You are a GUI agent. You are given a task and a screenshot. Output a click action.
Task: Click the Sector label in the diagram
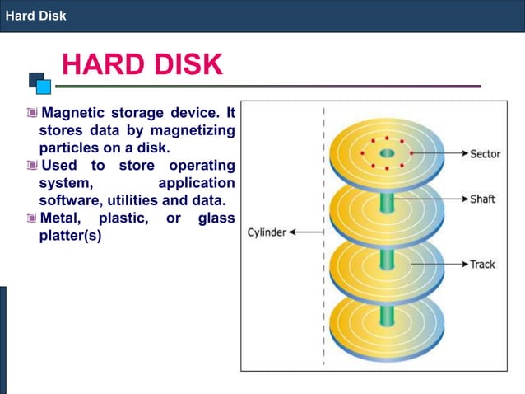coord(486,154)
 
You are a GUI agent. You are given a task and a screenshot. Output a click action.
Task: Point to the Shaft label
coord(482,199)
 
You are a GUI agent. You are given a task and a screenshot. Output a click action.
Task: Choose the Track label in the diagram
coord(482,265)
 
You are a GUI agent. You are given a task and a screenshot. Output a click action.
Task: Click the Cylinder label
coord(267,232)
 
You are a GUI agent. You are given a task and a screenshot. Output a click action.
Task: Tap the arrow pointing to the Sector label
coord(439,154)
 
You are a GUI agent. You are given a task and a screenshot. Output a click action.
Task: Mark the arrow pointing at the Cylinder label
coord(306,232)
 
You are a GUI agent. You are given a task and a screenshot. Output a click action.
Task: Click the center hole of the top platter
coord(387,153)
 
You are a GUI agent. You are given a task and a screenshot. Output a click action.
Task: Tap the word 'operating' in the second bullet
coord(202,166)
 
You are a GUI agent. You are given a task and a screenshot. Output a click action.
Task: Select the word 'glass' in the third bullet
coord(216,218)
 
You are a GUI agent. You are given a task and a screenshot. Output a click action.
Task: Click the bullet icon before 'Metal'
coord(31,218)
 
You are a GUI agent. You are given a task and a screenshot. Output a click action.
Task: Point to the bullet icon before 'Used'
coord(31,166)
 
